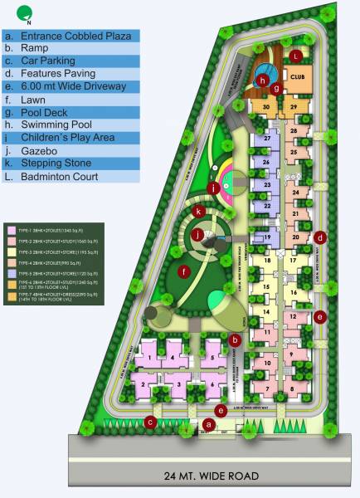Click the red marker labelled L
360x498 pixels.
[296, 56]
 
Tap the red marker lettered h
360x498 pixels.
[261, 81]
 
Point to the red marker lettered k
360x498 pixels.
[199, 212]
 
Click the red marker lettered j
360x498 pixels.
[197, 235]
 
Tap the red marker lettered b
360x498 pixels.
[236, 339]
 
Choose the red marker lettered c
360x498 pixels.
[150, 422]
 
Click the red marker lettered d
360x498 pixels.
[320, 238]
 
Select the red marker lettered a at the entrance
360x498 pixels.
[209, 424]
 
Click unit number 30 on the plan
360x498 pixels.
[266, 107]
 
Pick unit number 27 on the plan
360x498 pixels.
[267, 139]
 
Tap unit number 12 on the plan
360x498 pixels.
[294, 316]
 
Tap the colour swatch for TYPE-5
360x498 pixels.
[11, 271]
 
